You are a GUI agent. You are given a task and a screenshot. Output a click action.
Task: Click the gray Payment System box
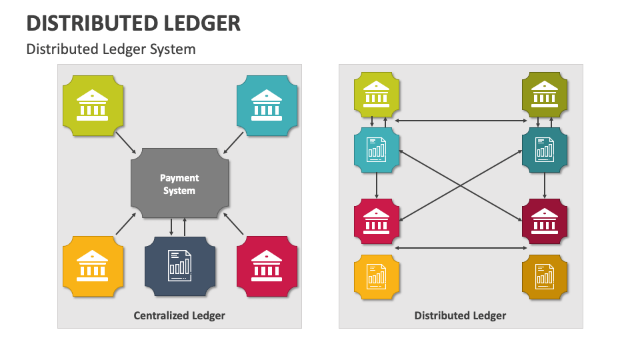point(179,183)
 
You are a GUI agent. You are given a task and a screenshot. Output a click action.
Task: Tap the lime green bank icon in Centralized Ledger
point(92,106)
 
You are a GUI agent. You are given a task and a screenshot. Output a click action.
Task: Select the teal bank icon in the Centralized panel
point(267,106)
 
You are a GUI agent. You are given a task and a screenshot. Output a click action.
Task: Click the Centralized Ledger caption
point(179,315)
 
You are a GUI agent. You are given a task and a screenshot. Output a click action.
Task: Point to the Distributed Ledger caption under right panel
point(460,315)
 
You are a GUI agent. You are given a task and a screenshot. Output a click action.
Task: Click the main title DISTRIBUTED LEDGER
point(133,23)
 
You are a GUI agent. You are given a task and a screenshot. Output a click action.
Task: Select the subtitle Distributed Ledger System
point(111,49)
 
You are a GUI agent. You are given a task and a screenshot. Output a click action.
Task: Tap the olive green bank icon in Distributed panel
point(545,93)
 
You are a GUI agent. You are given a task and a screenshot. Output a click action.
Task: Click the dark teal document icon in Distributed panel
point(545,151)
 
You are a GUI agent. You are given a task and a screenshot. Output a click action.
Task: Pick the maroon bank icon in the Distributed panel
point(545,221)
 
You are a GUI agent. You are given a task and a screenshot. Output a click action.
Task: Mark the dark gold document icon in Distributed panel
point(545,276)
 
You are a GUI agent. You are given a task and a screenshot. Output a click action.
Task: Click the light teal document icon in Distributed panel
point(377,151)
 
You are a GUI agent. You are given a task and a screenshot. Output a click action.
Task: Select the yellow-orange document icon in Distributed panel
point(377,276)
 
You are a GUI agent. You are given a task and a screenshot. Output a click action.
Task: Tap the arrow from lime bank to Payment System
point(126,142)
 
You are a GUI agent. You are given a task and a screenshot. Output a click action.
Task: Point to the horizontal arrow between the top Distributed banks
point(461,121)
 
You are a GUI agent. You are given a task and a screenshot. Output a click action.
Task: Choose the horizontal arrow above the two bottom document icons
point(461,248)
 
